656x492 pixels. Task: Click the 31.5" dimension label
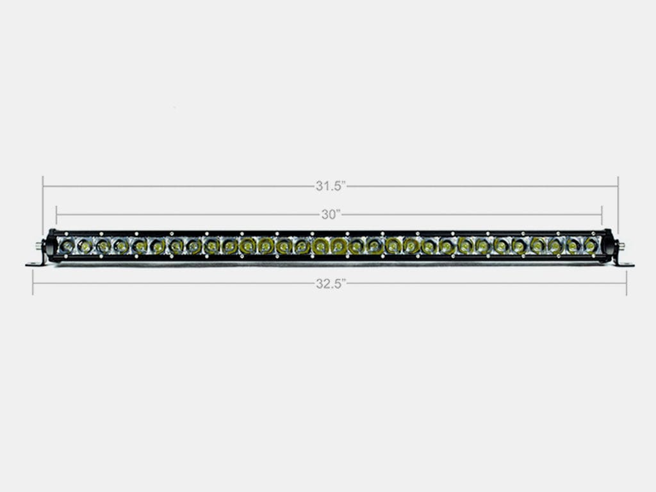331,186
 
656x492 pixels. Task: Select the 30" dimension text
331,215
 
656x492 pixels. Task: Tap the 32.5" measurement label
331,284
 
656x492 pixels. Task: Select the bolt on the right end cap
619,245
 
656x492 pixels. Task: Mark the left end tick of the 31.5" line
43,186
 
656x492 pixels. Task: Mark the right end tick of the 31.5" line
618,186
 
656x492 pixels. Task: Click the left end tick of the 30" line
56,215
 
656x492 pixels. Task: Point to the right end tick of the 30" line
602,215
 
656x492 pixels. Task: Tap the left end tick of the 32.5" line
33,284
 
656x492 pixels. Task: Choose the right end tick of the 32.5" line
627,284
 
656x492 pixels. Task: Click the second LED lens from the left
83,245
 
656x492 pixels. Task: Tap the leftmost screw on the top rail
67,233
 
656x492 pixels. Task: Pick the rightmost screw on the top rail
593,233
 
